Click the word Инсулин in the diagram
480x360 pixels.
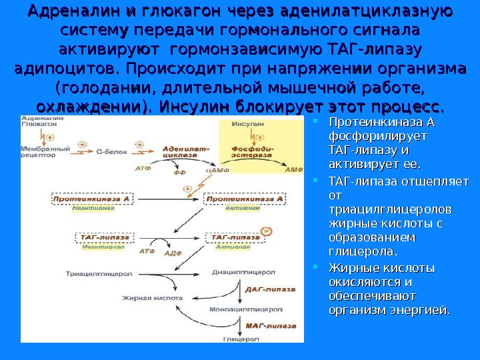pos(247,125)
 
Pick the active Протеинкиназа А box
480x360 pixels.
pos(245,199)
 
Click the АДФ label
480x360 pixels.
pos(173,254)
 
